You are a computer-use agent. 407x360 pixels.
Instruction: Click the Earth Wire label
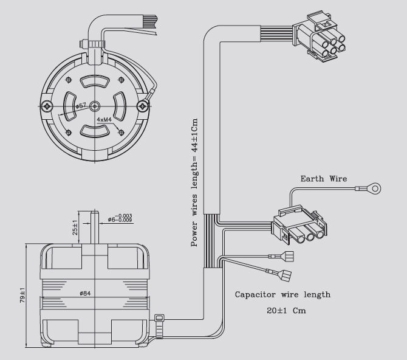(324, 179)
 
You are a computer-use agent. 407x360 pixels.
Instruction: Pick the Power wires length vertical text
(195, 182)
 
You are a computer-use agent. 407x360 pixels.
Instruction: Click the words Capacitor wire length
(282, 294)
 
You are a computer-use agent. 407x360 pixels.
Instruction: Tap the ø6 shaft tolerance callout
(119, 219)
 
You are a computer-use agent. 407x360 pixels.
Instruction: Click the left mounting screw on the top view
(48, 106)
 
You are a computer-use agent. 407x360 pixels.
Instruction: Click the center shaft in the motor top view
(95, 106)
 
